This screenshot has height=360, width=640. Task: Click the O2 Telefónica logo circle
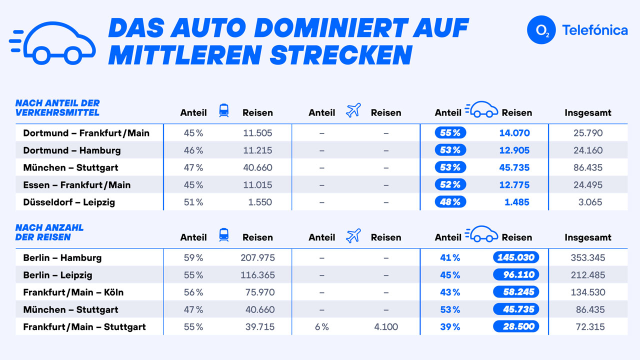tap(541, 29)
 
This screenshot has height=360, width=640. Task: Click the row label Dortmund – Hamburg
tap(72, 150)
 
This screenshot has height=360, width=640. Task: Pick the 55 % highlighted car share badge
tap(450, 133)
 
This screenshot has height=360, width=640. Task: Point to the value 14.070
tap(514, 133)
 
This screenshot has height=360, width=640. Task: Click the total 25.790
tap(588, 133)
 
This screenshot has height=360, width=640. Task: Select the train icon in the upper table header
tap(224, 110)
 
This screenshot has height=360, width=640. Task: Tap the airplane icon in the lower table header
tap(353, 235)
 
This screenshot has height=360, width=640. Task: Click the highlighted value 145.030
tap(515, 257)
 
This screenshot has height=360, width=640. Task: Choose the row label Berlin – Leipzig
tap(57, 275)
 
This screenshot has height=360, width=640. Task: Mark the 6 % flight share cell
tap(321, 327)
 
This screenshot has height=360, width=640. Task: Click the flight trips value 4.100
tap(386, 327)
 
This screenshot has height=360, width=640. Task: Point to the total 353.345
tap(588, 258)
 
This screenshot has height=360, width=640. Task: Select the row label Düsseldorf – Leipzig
tap(69, 202)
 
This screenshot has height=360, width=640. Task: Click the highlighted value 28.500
tap(515, 326)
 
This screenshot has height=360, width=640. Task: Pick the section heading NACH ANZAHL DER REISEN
tap(49, 232)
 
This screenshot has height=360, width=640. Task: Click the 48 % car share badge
tap(450, 202)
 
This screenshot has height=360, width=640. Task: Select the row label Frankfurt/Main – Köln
tap(73, 292)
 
